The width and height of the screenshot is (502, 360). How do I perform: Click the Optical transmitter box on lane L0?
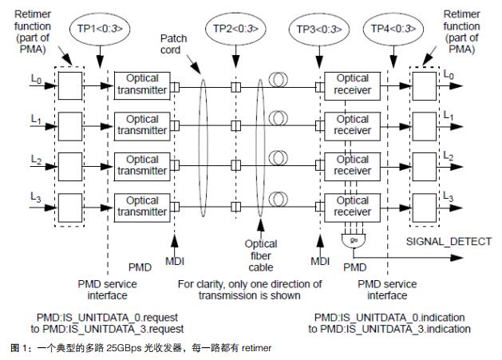point(143,85)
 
